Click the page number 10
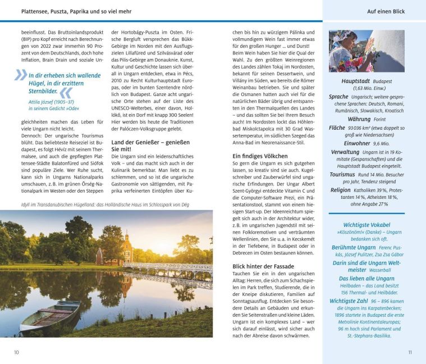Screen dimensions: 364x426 pyautogui.click(x=16, y=352)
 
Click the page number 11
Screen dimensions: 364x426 pyautogui.click(x=410, y=352)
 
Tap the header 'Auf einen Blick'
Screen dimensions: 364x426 pyautogui.click(x=386, y=11)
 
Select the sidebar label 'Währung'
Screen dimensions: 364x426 pyautogui.click(x=359, y=119)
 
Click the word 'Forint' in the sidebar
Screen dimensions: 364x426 pyautogui.click(x=379, y=120)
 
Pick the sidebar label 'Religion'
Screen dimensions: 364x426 pyautogui.click(x=340, y=190)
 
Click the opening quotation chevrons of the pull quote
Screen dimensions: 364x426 pyautogui.click(x=21, y=74)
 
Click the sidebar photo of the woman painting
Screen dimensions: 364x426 pyautogui.click(x=366, y=51)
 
